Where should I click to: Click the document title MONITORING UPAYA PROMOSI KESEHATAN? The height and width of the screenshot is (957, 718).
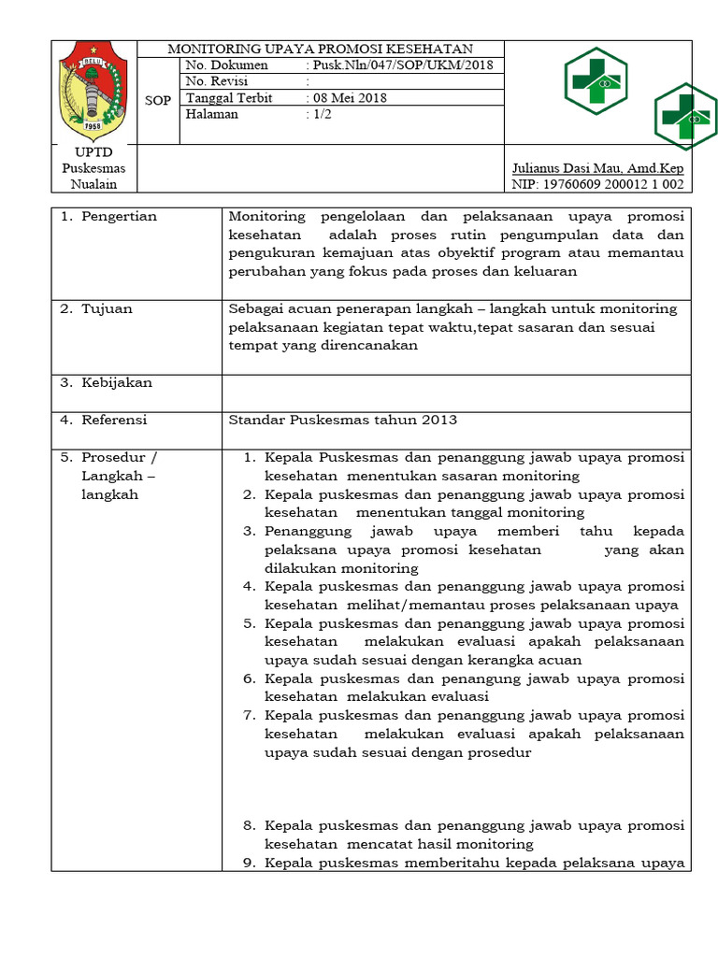click(320, 49)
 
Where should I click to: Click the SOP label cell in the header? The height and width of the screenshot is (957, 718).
click(158, 100)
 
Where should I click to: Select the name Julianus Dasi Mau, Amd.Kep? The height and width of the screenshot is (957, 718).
click(597, 169)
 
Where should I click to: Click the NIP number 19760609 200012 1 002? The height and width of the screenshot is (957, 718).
click(597, 185)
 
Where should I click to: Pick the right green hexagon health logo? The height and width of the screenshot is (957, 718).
click(686, 116)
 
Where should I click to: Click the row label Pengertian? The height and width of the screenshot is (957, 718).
click(119, 217)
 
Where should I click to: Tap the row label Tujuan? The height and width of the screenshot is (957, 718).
click(107, 308)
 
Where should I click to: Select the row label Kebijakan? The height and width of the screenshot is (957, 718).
click(116, 383)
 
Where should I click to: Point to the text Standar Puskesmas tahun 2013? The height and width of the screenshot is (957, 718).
click(343, 421)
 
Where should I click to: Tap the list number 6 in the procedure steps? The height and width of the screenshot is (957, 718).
click(250, 678)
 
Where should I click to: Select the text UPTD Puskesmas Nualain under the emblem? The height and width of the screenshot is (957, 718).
click(93, 168)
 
